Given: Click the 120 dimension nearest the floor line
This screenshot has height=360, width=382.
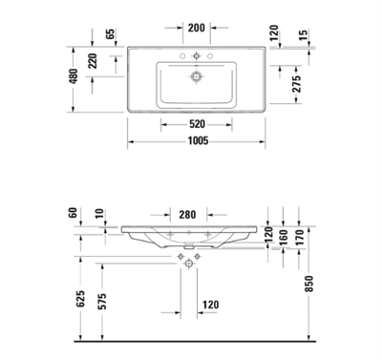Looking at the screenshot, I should (x=210, y=305).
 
